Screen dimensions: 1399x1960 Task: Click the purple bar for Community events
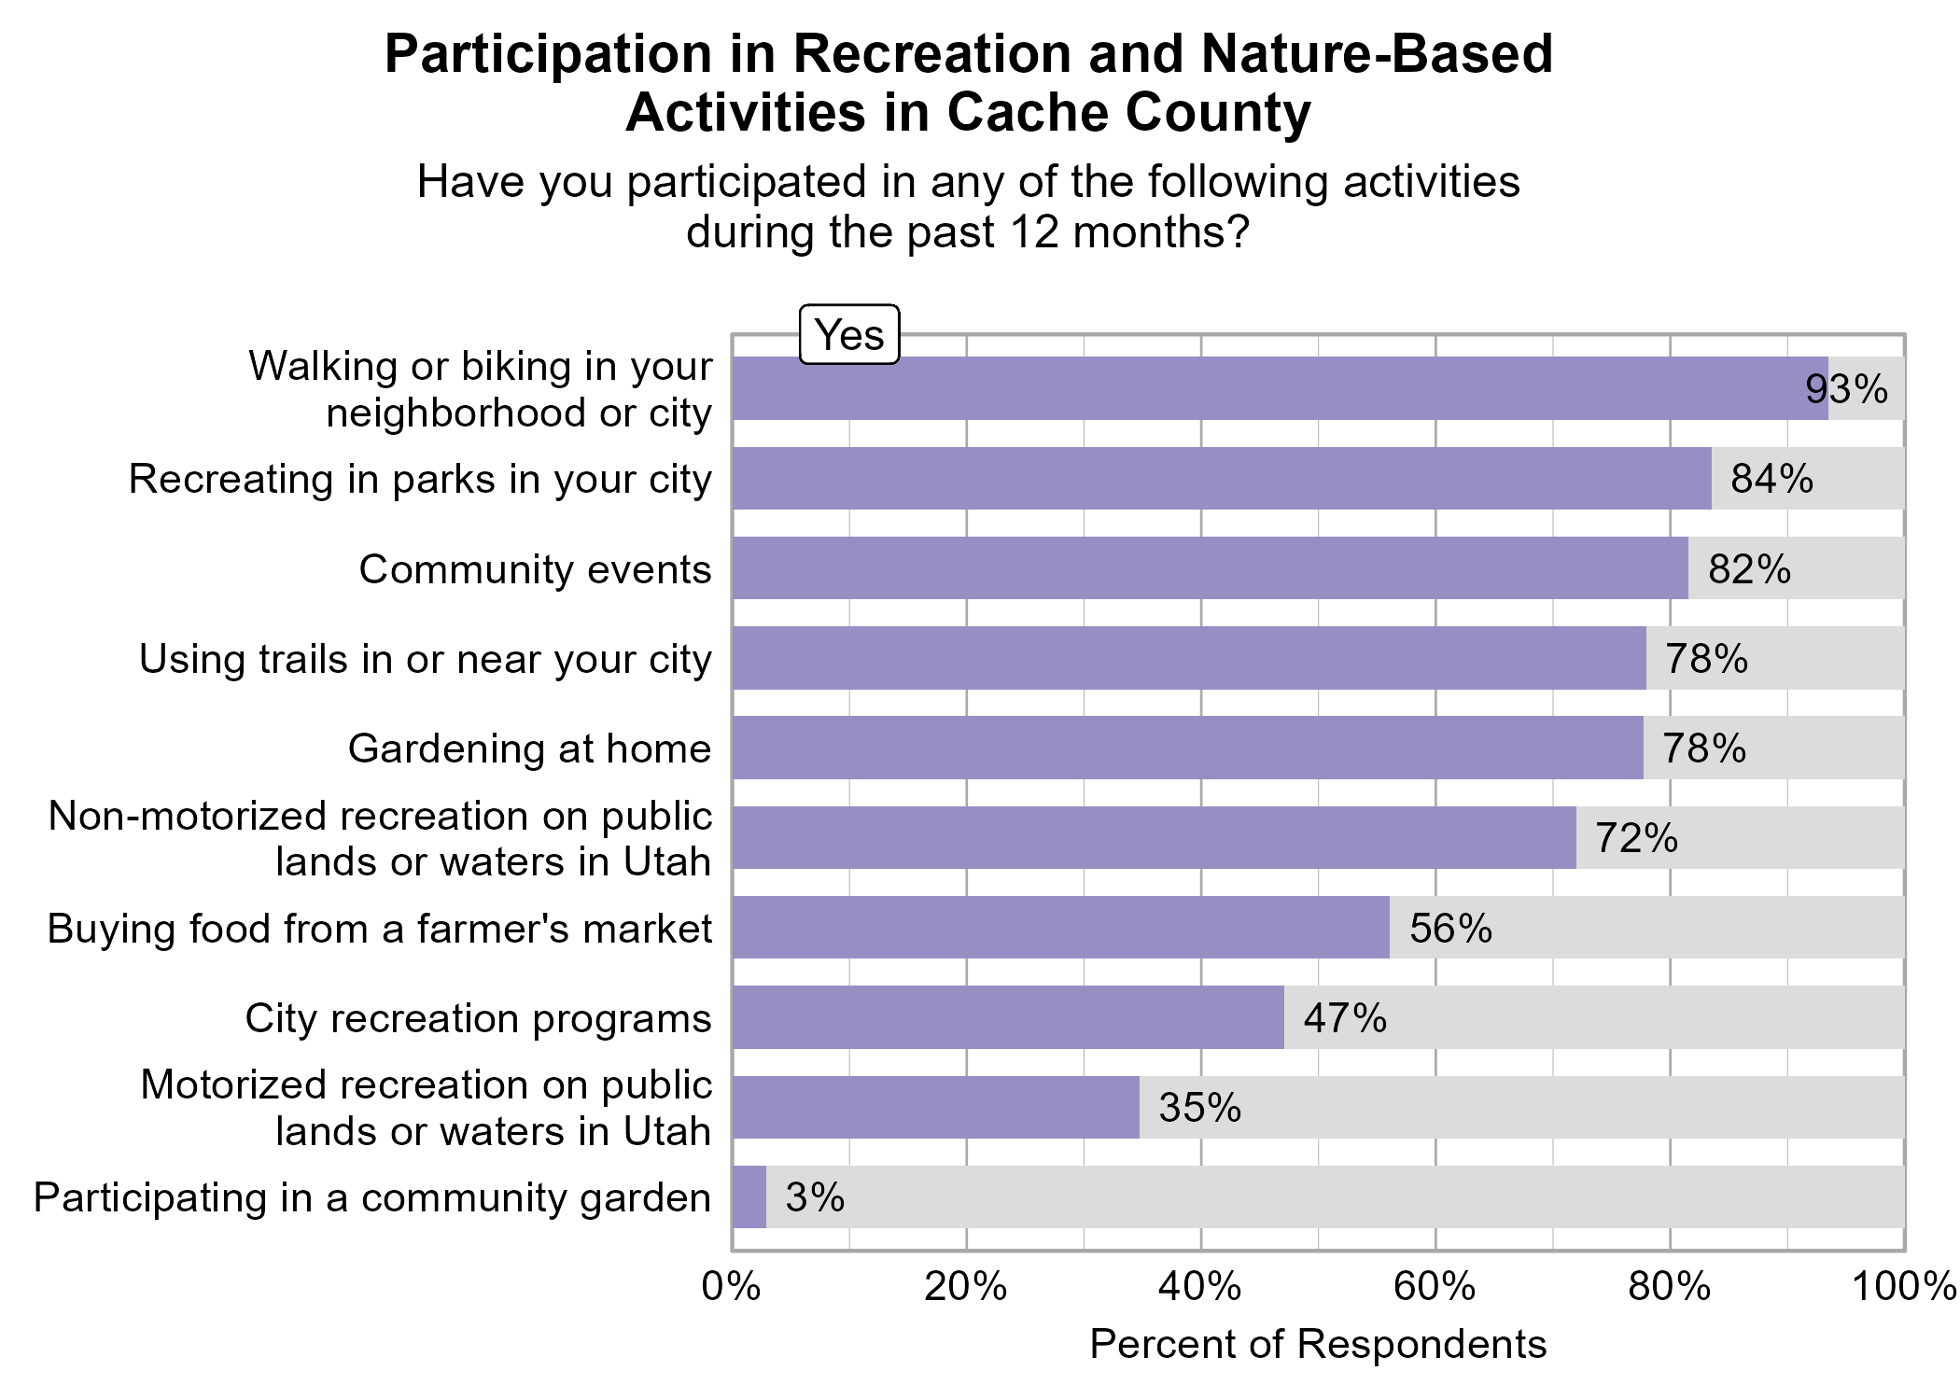(x=1210, y=568)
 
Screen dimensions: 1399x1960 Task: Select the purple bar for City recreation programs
(x=1008, y=1017)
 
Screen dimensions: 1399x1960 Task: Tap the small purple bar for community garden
(x=749, y=1197)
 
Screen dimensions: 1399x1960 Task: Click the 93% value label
(x=1846, y=389)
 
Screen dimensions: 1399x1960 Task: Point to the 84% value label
(x=1771, y=479)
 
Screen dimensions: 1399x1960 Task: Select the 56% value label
(x=1450, y=929)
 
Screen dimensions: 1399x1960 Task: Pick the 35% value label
(x=1199, y=1108)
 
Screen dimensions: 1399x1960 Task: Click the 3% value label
(x=815, y=1197)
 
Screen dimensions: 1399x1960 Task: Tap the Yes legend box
(x=849, y=335)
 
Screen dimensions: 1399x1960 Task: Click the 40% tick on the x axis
(x=1200, y=1287)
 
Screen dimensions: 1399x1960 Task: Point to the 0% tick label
(x=732, y=1287)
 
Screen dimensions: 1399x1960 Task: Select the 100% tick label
(x=1904, y=1287)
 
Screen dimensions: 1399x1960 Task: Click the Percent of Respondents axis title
(x=1318, y=1345)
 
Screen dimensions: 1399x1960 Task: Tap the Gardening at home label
(x=529, y=749)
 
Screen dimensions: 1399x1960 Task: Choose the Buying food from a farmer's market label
(x=380, y=930)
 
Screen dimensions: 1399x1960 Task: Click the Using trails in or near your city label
(x=426, y=660)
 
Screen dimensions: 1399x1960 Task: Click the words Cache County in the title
(x=1128, y=113)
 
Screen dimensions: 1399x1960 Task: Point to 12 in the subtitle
(x=1034, y=232)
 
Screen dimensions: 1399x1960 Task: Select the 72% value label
(x=1636, y=839)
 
